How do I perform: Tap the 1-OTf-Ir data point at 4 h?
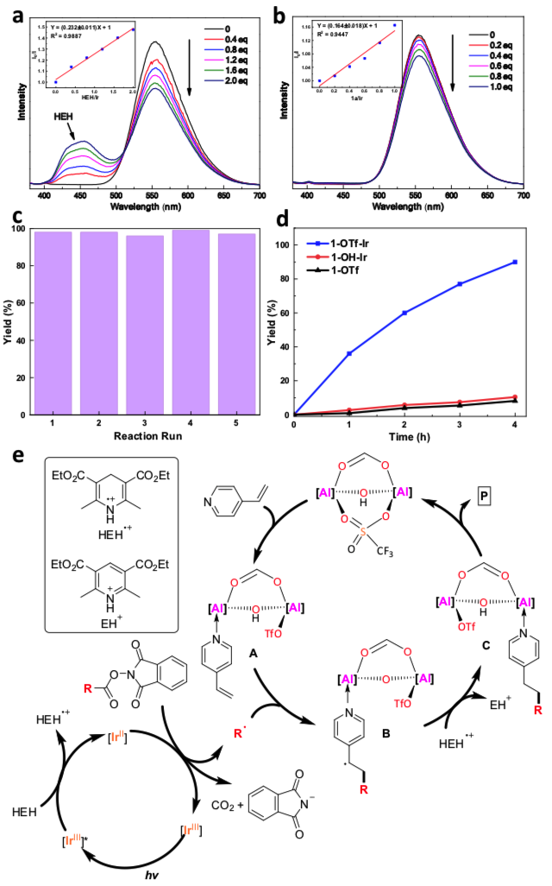pyautogui.click(x=514, y=262)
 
